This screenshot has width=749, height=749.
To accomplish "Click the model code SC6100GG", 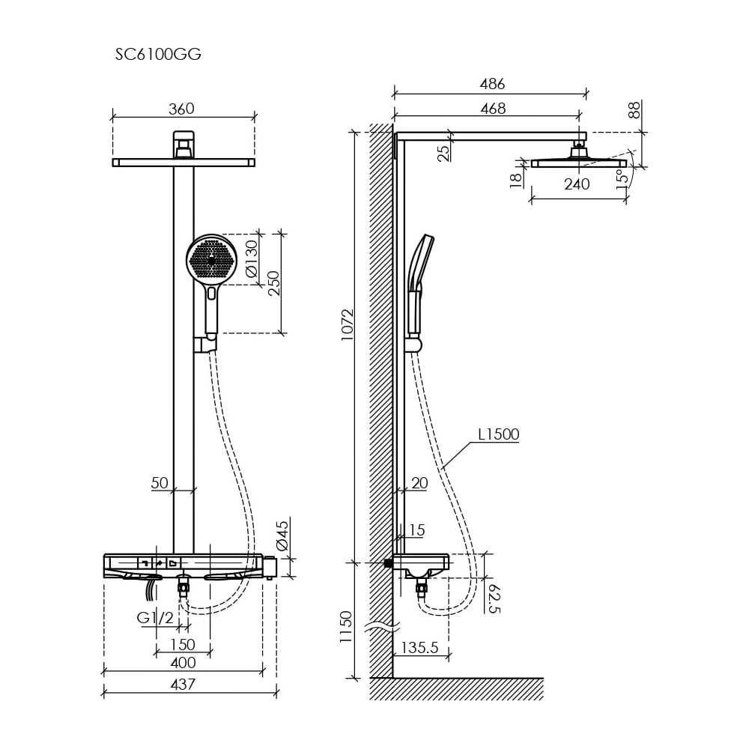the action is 158,55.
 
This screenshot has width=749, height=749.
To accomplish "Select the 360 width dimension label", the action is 181,109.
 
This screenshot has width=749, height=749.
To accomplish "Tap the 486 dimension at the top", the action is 492,84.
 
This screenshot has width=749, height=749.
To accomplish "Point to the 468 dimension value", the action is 493,109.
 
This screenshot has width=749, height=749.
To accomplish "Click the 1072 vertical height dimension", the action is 348,325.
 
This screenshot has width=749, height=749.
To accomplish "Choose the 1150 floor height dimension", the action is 346,627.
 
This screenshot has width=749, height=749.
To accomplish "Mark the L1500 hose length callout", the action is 498,434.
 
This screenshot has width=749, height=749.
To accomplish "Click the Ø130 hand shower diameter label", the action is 251,259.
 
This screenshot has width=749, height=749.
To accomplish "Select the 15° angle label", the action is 622,179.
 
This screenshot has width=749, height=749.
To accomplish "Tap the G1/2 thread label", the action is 155,618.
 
